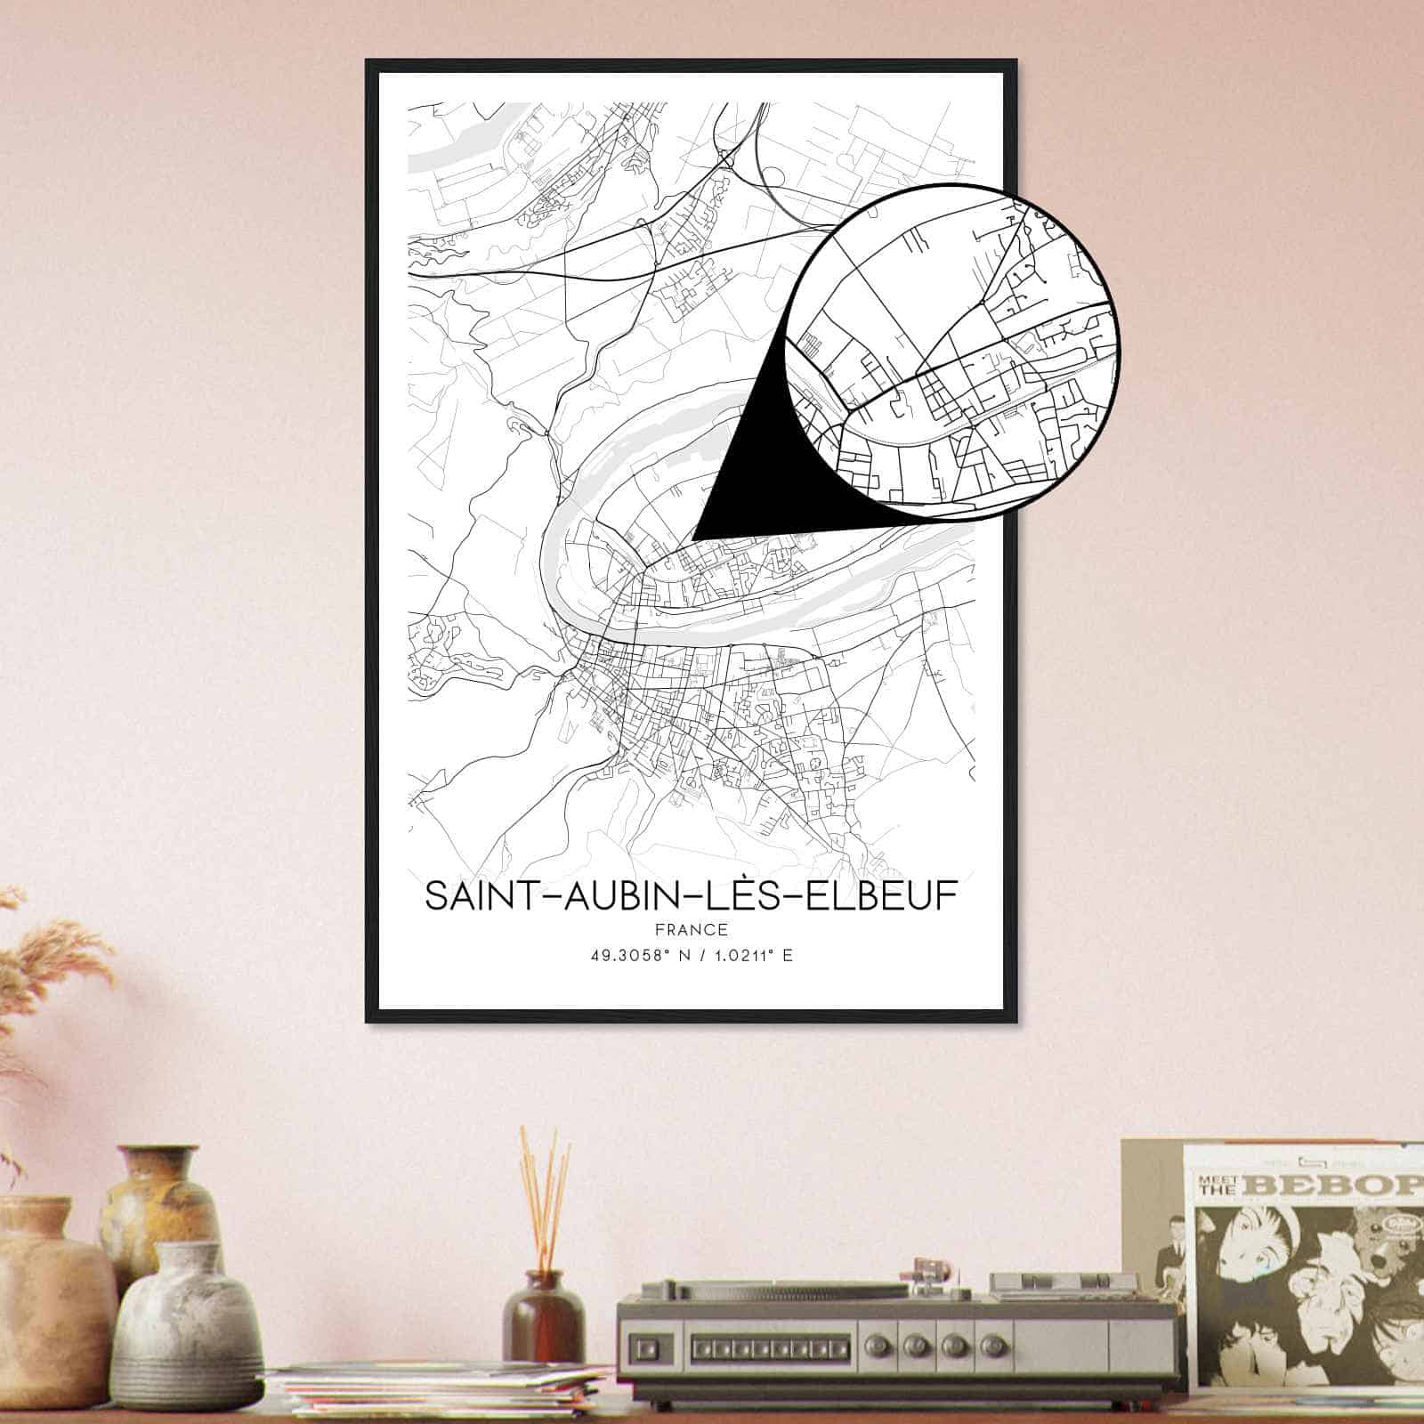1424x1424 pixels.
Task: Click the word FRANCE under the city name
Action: [x=691, y=930]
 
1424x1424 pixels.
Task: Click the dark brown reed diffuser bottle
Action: [x=542, y=1317]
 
